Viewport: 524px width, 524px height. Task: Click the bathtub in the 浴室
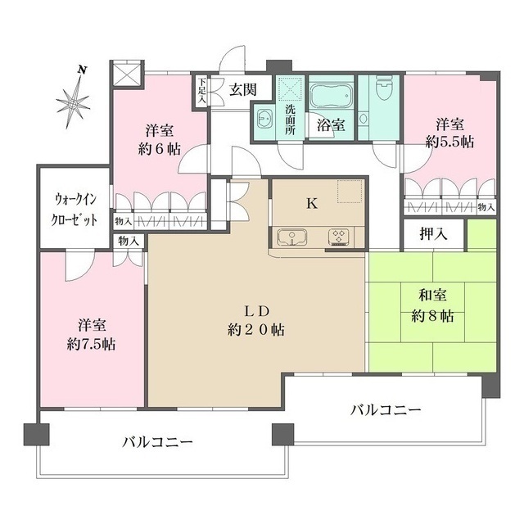332,97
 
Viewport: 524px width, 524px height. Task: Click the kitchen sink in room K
290,237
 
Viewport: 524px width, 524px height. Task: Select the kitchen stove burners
338,237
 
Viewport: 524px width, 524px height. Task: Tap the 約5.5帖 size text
449,142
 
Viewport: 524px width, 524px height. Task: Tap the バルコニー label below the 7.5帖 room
158,441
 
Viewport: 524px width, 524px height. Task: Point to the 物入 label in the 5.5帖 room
486,207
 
